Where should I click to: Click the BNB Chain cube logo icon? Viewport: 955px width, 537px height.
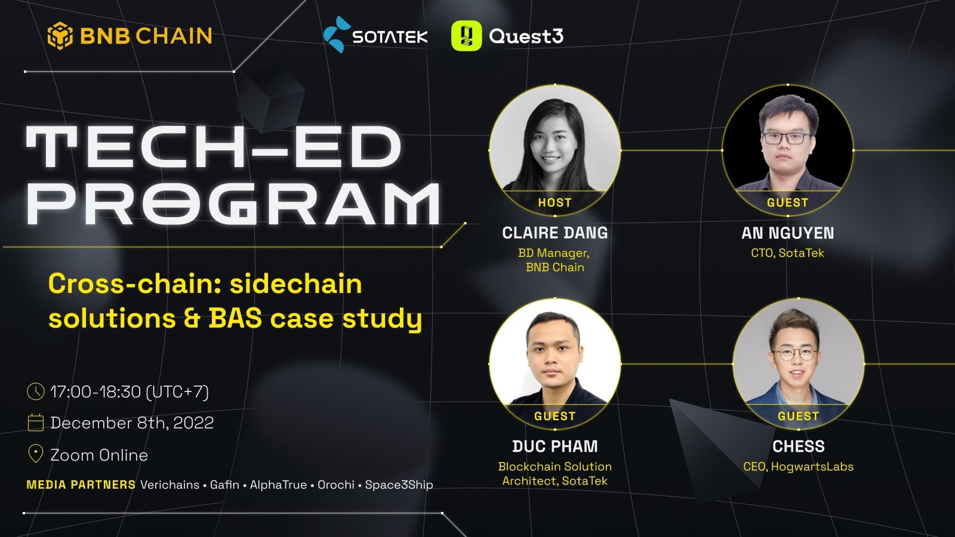tap(60, 36)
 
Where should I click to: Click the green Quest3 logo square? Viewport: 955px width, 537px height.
tap(466, 36)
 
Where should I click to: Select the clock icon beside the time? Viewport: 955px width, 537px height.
tap(36, 391)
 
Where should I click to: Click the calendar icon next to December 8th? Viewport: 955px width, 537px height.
tap(36, 422)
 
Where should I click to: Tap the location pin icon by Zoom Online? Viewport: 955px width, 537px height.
tap(36, 454)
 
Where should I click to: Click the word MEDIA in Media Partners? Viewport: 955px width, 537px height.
tap(46, 485)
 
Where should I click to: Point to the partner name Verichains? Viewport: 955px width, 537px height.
tap(170, 485)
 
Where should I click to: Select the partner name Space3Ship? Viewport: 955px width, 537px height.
tap(399, 485)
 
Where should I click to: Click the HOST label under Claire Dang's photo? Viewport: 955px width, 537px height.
tap(554, 203)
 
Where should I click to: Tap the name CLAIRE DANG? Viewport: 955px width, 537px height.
tap(554, 233)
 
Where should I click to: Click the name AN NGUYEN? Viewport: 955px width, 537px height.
tap(787, 233)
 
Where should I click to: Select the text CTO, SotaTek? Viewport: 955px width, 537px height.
tap(787, 253)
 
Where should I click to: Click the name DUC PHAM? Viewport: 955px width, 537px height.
tap(554, 446)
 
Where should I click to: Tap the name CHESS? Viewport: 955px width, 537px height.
tap(798, 446)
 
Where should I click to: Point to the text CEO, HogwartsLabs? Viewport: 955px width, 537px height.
tap(798, 467)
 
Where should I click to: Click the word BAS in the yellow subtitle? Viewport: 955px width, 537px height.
tap(235, 318)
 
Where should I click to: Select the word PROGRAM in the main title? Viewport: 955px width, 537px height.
tap(233, 203)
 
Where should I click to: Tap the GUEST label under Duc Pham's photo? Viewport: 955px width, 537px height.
tap(554, 416)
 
